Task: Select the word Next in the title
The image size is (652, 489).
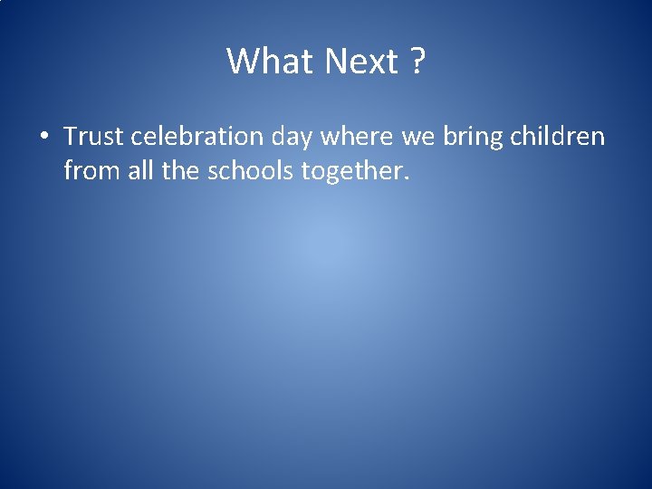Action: click(360, 62)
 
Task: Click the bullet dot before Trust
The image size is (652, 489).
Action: click(43, 138)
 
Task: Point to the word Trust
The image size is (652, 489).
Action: click(94, 137)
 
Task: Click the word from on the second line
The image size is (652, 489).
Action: click(92, 170)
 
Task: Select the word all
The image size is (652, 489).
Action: click(139, 169)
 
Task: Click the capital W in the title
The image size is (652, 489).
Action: click(240, 62)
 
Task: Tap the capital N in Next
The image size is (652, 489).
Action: click(335, 62)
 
